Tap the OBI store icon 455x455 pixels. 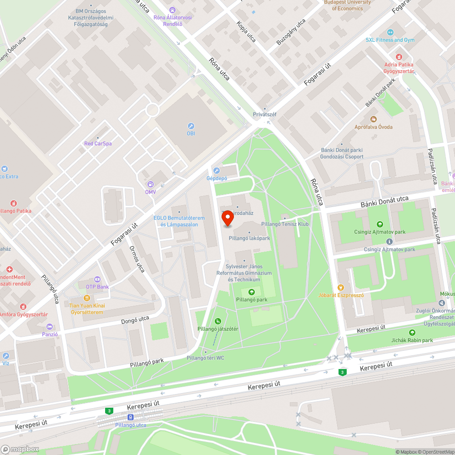point(191,126)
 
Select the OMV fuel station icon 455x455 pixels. point(150,184)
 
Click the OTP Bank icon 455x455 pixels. point(97,279)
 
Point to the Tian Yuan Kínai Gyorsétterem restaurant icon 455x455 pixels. point(87,298)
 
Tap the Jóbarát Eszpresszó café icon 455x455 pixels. point(341,287)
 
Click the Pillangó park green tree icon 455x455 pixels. point(252,292)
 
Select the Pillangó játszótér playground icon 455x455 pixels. point(218,321)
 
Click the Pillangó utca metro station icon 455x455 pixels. point(131,417)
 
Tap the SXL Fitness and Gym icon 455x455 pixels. point(390,32)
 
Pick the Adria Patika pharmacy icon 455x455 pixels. point(399,56)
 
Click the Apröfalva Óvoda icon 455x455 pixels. point(374,119)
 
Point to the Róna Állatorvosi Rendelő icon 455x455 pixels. point(172,10)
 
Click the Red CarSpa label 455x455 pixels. point(98,143)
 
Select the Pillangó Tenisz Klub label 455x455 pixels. point(285,224)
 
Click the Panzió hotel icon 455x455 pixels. point(50,327)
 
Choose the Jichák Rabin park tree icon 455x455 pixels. point(412,333)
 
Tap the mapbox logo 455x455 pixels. point(20,449)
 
